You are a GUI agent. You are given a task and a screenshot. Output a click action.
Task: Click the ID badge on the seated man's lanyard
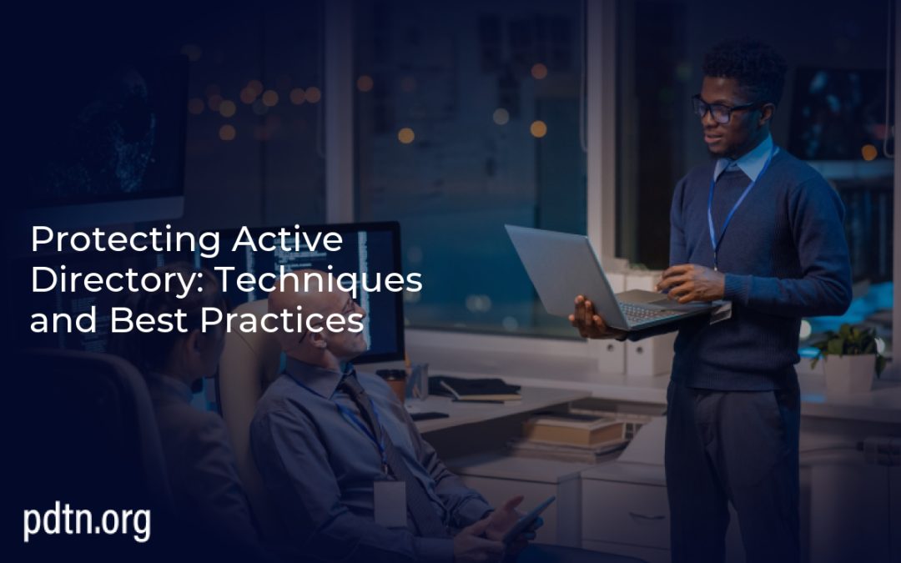click(x=389, y=501)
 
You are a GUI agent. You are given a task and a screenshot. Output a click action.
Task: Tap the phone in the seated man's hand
click(x=531, y=518)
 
